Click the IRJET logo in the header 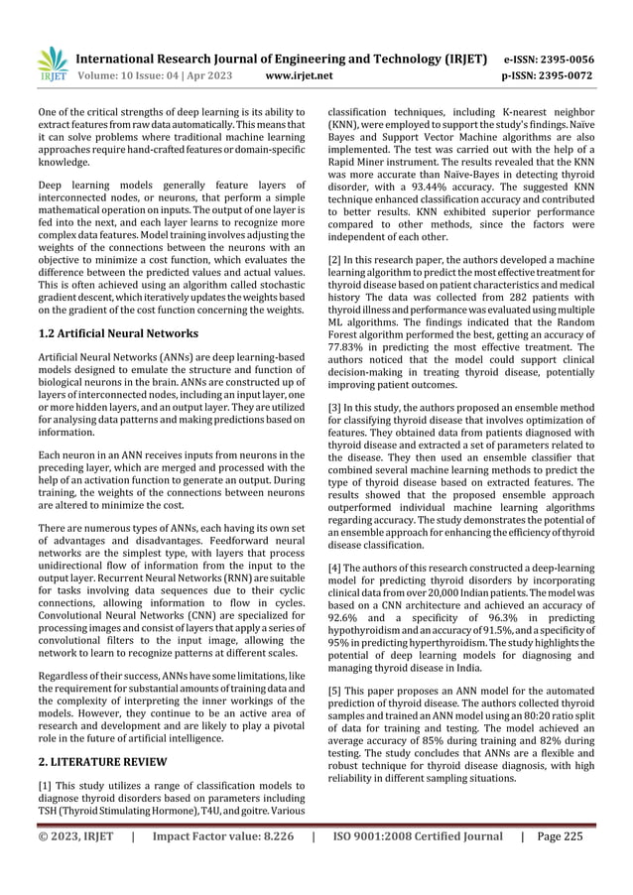[50, 63]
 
